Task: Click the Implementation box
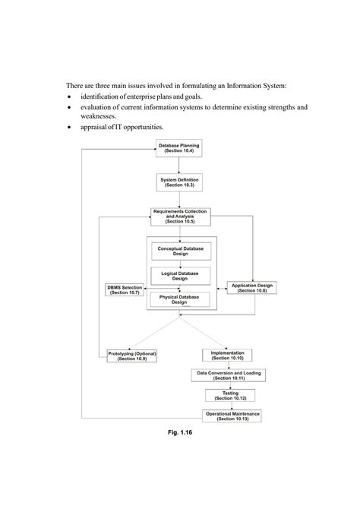[228, 355]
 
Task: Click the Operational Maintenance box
[232, 416]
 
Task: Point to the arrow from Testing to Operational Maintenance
[230, 406]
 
